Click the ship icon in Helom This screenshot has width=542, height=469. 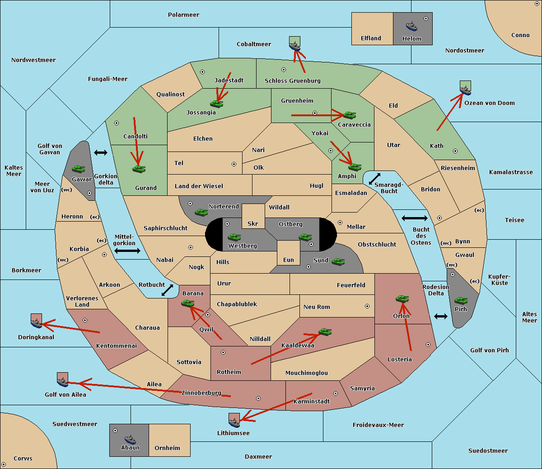click(411, 26)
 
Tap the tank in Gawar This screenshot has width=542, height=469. click(79, 169)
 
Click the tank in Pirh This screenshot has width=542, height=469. click(461, 300)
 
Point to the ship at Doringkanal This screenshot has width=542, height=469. click(36, 323)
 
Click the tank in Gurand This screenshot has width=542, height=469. click(139, 169)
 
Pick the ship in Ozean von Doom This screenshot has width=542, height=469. click(465, 90)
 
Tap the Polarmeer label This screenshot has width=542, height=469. click(183, 15)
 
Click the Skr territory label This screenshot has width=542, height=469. click(253, 223)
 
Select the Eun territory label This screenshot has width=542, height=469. click(289, 260)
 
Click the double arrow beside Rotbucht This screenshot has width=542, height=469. click(167, 290)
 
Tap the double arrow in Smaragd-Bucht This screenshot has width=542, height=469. click(374, 179)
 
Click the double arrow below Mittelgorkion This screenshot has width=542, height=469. click(127, 251)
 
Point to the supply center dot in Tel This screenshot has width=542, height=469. click(234, 164)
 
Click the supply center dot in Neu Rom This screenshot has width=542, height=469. click(367, 306)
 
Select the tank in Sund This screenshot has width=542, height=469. click(338, 261)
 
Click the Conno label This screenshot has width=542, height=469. click(520, 35)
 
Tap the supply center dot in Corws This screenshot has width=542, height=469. click(4, 464)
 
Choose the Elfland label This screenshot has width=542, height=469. click(371, 38)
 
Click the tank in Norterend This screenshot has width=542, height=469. click(201, 212)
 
